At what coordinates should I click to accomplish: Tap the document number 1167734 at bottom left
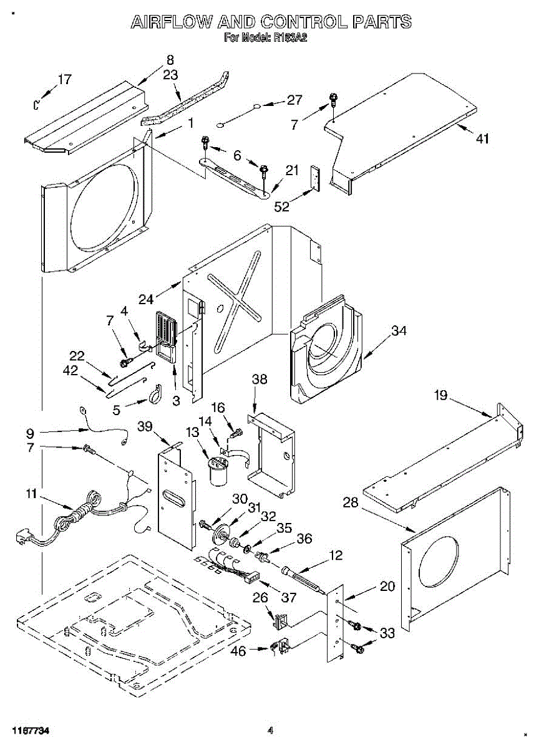30,730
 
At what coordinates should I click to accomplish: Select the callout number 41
482,139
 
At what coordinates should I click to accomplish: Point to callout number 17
64,79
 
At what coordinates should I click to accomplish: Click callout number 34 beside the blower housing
399,331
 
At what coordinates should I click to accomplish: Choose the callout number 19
441,395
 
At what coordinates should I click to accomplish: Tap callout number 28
351,502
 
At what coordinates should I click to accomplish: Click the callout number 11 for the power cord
31,495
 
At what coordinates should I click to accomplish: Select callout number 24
146,299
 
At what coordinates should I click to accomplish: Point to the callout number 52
282,206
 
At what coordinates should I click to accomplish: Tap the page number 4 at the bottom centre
270,730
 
